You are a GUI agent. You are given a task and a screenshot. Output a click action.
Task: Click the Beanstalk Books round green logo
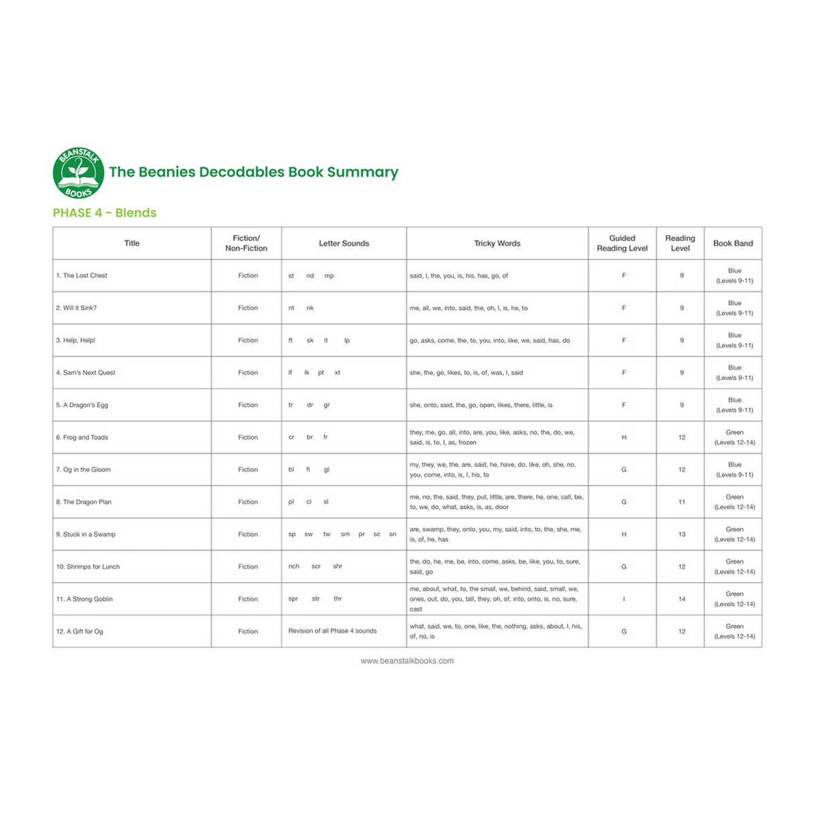(79, 173)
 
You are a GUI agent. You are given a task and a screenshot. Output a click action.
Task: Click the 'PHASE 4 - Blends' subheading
(105, 213)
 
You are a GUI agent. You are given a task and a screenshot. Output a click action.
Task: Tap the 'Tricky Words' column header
(497, 243)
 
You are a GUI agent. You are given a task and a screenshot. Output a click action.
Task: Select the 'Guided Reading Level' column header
(622, 243)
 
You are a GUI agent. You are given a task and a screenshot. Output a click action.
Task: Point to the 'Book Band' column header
(733, 243)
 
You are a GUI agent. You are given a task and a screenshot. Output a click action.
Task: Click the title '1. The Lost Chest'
(81, 276)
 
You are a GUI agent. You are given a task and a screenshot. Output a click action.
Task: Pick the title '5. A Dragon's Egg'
(82, 405)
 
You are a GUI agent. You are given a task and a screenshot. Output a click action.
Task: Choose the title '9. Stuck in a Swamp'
(86, 535)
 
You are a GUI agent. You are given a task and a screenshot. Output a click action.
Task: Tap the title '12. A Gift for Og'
(79, 632)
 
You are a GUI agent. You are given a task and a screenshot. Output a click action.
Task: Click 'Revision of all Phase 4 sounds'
(332, 631)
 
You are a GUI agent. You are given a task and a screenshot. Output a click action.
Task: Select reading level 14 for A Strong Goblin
(682, 599)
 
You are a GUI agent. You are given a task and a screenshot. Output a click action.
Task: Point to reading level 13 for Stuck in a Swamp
(682, 535)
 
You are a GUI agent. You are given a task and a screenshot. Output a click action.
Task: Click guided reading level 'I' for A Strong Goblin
(623, 599)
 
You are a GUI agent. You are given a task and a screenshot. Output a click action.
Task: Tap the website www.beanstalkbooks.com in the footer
(407, 661)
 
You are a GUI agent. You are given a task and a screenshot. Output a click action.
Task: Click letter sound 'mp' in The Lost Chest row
(329, 276)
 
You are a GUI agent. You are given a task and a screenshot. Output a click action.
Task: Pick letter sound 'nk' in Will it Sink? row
(310, 308)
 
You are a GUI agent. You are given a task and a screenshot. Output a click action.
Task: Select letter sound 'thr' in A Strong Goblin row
(338, 599)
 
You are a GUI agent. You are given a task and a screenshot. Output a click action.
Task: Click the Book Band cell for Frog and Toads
(734, 437)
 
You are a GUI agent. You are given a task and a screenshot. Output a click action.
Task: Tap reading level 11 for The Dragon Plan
(682, 502)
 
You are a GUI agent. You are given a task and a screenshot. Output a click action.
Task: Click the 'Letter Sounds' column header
(344, 243)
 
